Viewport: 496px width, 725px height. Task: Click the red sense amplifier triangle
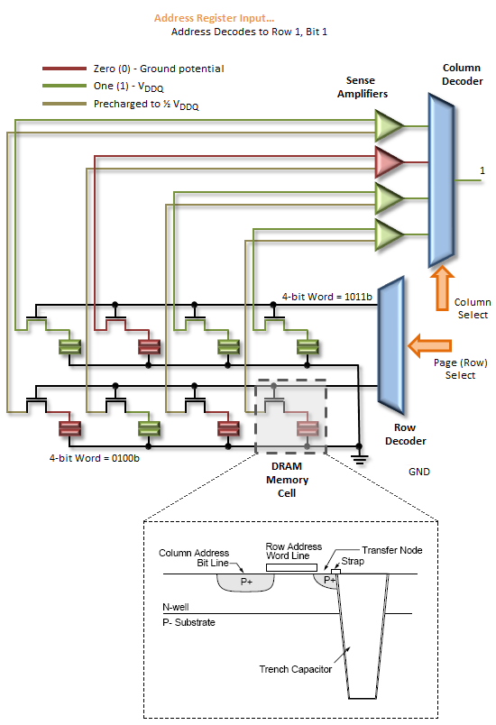(388, 162)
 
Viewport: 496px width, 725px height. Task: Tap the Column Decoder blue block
(442, 180)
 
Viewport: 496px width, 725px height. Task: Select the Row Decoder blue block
(391, 345)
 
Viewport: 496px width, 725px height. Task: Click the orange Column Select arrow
(442, 288)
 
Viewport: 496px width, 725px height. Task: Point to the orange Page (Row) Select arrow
(429, 345)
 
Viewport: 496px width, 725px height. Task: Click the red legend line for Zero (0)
(64, 69)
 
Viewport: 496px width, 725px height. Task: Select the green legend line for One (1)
(64, 86)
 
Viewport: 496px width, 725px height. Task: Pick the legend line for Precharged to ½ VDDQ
(64, 104)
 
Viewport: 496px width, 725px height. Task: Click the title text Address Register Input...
(214, 18)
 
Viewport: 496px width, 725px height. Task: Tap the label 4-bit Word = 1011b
(326, 297)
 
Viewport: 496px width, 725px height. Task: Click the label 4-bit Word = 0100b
(95, 458)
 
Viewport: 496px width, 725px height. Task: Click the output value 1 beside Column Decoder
(482, 170)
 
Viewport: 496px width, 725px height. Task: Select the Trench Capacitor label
(296, 669)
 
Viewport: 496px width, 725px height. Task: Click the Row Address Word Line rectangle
(291, 567)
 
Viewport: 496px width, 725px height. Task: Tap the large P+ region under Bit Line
(246, 583)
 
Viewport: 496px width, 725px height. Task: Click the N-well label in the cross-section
(176, 607)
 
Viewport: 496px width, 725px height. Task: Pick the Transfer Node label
(392, 550)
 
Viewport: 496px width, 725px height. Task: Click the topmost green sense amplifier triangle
(388, 125)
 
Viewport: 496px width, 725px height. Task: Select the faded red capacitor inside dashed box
(308, 428)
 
